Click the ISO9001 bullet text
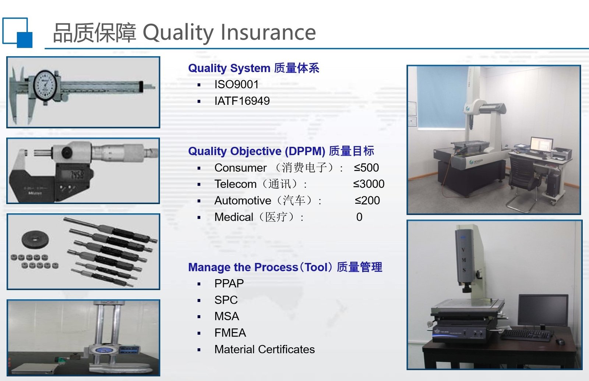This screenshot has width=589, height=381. click(236, 84)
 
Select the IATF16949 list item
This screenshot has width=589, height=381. click(242, 101)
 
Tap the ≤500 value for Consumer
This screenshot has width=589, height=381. click(366, 168)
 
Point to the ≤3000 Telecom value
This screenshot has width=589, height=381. click(368, 184)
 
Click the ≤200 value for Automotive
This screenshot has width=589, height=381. click(367, 200)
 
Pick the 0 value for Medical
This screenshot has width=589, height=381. click(359, 217)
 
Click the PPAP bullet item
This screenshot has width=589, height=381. click(229, 284)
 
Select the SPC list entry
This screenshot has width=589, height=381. click(226, 300)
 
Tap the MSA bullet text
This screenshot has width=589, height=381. click(227, 316)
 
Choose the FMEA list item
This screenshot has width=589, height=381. click(230, 333)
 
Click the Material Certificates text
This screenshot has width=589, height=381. click(265, 349)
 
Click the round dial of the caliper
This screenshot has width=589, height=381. click(45, 86)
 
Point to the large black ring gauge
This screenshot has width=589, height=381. click(35, 239)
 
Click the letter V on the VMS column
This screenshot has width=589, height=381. click(463, 250)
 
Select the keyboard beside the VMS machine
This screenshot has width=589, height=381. click(525, 335)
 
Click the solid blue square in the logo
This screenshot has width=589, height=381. click(25, 40)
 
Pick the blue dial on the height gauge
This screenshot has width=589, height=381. click(103, 350)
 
